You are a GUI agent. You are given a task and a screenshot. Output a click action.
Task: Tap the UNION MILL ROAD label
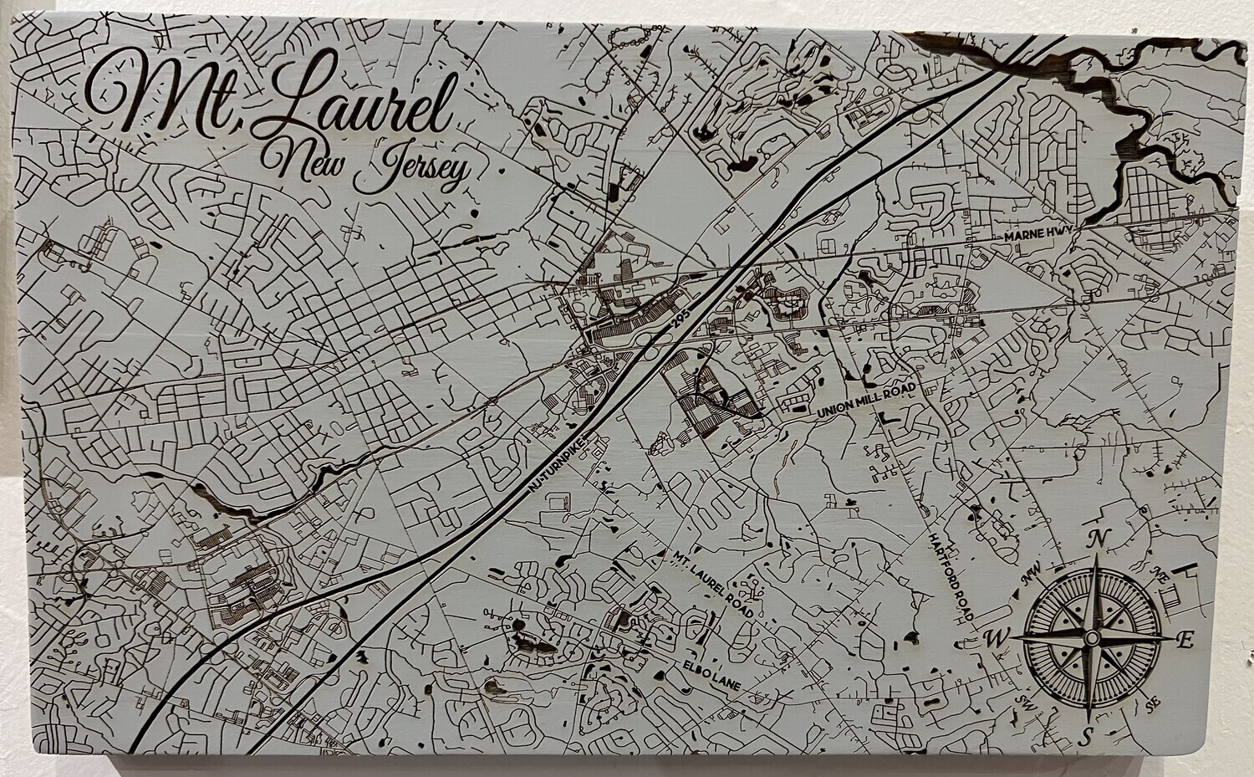pos(868,402)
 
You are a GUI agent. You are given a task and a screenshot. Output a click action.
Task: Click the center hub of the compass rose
pos(1091,638)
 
